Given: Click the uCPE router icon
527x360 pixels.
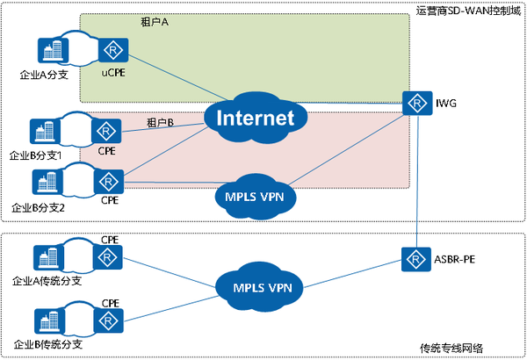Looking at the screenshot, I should click(111, 52).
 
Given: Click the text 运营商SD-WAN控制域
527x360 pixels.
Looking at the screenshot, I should click(468, 11).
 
